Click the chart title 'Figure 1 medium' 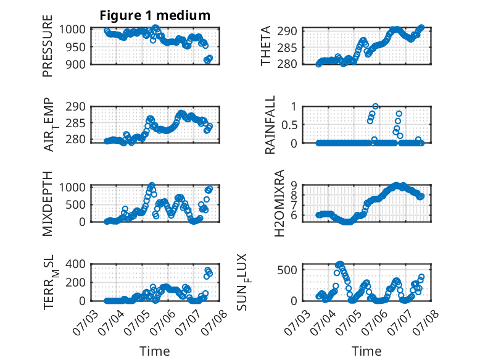(x=155, y=15)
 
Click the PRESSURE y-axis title (x=48, y=46)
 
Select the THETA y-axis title (x=266, y=46)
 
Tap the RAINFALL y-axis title (x=270, y=125)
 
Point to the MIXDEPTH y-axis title (x=48, y=204)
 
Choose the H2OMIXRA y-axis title (x=279, y=203)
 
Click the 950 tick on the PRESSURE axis (x=76, y=47)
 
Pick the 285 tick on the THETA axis (x=287, y=48)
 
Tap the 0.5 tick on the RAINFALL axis (x=289, y=125)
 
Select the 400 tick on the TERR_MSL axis (x=75, y=264)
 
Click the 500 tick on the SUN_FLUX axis (x=287, y=270)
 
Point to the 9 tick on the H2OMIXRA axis (x=294, y=185)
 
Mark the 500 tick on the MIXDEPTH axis (x=75, y=204)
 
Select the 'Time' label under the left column (x=155, y=351)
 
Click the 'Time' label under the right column (x=366, y=351)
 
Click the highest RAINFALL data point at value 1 (x=375, y=106)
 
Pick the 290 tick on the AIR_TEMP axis (x=75, y=107)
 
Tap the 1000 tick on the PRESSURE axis (x=73, y=30)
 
